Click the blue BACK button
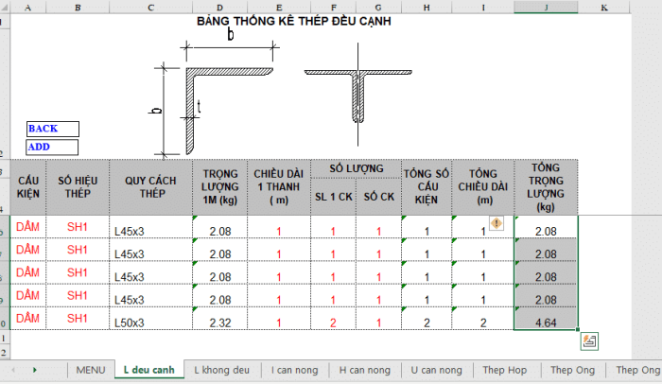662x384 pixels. click(x=53, y=129)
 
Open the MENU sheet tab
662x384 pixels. click(x=91, y=370)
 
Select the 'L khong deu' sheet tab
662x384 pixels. click(x=221, y=370)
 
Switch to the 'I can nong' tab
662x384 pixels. click(x=294, y=370)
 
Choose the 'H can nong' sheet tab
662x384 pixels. click(x=365, y=370)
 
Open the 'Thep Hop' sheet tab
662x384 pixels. click(x=505, y=370)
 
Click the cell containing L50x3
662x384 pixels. click(x=150, y=319)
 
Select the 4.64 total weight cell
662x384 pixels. click(x=546, y=319)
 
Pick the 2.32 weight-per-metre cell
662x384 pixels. click(x=220, y=319)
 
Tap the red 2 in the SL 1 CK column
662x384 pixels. click(x=333, y=323)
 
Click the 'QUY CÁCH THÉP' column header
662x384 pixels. click(x=150, y=187)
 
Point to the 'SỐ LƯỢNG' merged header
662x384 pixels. click(x=357, y=168)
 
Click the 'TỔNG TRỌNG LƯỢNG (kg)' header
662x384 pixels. click(x=546, y=187)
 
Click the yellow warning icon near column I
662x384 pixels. click(x=496, y=222)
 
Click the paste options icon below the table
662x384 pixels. click(x=589, y=341)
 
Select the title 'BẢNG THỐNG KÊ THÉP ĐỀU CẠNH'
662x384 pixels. click(x=294, y=21)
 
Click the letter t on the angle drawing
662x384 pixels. click(x=199, y=107)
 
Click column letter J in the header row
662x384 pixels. click(x=546, y=8)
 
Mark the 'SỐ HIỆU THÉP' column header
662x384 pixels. click(x=78, y=187)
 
